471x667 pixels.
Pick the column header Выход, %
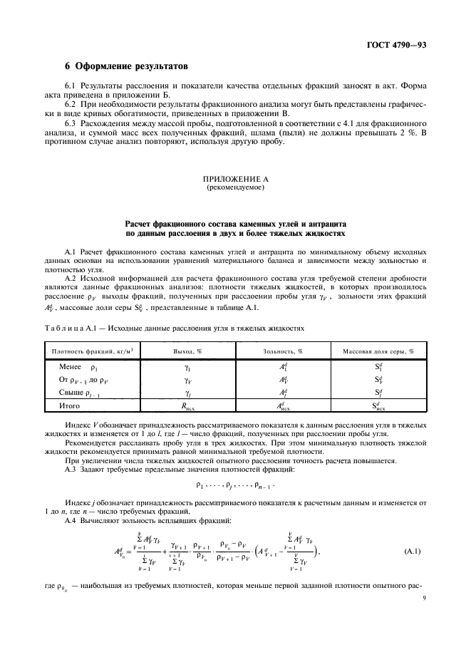188,351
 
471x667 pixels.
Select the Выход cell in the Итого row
188,407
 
